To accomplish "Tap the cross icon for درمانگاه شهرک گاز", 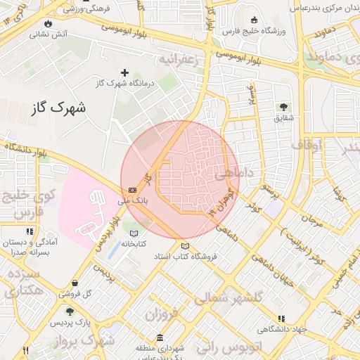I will click(125, 72).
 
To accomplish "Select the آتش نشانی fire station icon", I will click(34, 33).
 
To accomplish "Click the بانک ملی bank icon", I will click(132, 191).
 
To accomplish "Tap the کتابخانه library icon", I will click(134, 233).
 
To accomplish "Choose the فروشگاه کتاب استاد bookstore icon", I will click(185, 246).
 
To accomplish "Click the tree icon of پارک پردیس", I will click(69, 311).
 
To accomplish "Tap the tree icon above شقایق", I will click(283, 108).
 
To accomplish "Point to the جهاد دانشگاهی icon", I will click(282, 319).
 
